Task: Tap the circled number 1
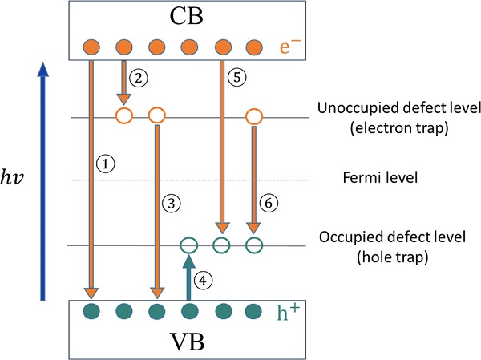[105, 163]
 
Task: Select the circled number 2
[141, 78]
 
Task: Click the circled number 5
[234, 79]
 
